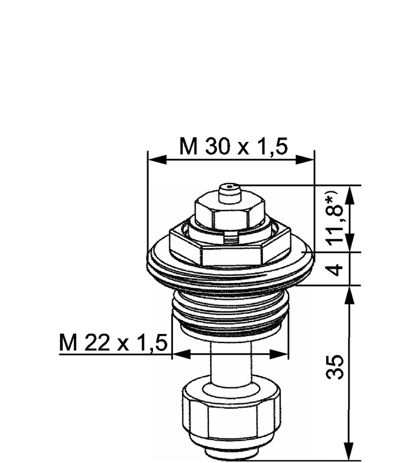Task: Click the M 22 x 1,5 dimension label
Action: point(113,343)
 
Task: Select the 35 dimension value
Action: point(335,367)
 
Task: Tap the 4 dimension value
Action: point(335,269)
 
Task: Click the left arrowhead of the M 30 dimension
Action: point(157,160)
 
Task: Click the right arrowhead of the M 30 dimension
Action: point(305,160)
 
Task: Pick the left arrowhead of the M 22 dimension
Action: point(181,354)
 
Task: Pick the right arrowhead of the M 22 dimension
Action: point(279,354)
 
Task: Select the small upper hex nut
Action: point(230,216)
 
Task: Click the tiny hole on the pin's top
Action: point(230,186)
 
